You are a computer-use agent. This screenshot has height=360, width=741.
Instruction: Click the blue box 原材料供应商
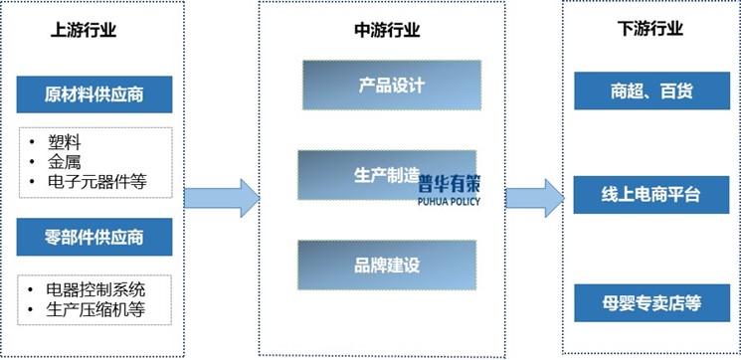[x=94, y=96]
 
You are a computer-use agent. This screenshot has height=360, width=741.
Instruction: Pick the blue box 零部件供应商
[x=94, y=237]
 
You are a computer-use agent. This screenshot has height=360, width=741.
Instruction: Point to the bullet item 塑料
[x=65, y=141]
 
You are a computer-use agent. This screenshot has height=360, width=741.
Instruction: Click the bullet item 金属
[x=65, y=161]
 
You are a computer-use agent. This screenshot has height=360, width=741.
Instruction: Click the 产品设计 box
[x=391, y=86]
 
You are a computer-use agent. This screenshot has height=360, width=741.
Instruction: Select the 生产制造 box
[x=378, y=173]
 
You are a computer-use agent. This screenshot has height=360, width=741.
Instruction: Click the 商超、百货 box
[x=652, y=91]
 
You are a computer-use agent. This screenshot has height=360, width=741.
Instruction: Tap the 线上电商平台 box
[x=652, y=195]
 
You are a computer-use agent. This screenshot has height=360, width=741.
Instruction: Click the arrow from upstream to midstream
[x=221, y=197]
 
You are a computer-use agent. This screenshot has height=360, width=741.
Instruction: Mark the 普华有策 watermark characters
[x=447, y=185]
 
